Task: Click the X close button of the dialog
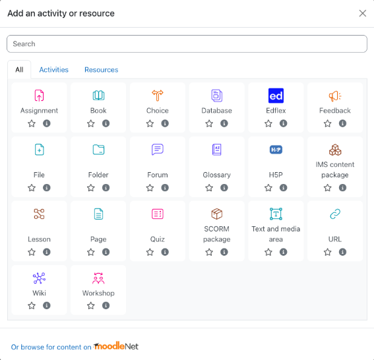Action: click(x=362, y=13)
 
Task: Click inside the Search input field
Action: click(x=187, y=44)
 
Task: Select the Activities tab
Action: click(x=53, y=70)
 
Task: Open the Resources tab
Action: click(x=101, y=70)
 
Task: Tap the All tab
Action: click(x=19, y=70)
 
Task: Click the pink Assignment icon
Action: click(x=39, y=96)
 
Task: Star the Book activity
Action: click(x=91, y=123)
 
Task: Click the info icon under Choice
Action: click(x=165, y=123)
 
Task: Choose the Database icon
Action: click(x=216, y=96)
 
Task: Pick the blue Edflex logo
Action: click(x=276, y=96)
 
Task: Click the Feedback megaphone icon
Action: click(x=335, y=96)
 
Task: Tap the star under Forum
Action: click(x=150, y=188)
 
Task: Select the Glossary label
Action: click(x=216, y=175)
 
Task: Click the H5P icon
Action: click(x=276, y=150)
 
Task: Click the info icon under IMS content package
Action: click(x=342, y=188)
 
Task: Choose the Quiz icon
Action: click(x=158, y=214)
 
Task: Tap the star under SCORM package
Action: click(x=209, y=252)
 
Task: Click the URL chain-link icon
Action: click(x=335, y=214)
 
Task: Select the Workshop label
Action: click(x=98, y=293)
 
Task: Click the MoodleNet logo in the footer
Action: click(x=116, y=346)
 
